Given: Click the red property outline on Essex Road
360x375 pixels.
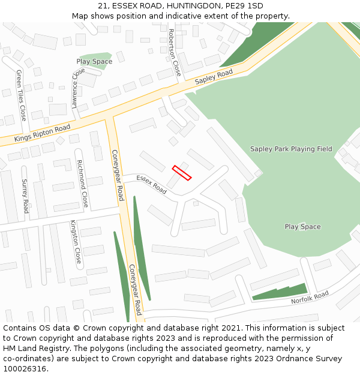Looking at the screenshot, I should pyautogui.click(x=182, y=173).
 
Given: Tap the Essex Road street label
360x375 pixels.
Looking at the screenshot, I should pyautogui.click(x=151, y=184).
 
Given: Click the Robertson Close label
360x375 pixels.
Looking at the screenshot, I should pyautogui.click(x=175, y=52).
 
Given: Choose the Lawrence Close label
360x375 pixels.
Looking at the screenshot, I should pyautogui.click(x=76, y=88).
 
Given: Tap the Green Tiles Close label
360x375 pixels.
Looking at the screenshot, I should pyautogui.click(x=21, y=95).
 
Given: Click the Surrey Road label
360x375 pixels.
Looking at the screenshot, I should pyautogui.click(x=25, y=196).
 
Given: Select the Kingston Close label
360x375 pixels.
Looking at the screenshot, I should pyautogui.click(x=76, y=242).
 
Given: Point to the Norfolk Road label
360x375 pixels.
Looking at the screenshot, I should pyautogui.click(x=310, y=298).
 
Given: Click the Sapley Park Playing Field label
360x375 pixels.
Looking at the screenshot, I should pyautogui.click(x=291, y=149).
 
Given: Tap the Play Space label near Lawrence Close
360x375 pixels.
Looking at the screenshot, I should pyautogui.click(x=94, y=62).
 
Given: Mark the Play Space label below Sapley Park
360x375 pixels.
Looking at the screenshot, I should pyautogui.click(x=302, y=227).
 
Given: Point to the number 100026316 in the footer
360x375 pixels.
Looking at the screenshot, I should pyautogui.click(x=25, y=369).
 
